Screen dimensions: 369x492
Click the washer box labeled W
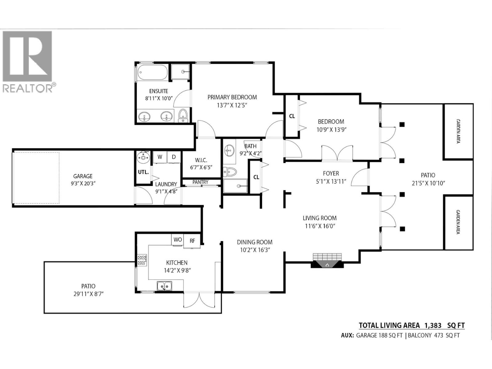(x=160, y=157)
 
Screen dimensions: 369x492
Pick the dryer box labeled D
(x=174, y=157)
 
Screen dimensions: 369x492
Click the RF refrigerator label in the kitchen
(x=192, y=241)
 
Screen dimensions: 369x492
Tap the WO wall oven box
(x=178, y=240)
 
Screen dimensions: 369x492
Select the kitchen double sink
(x=165, y=286)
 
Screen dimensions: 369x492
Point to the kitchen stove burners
(x=142, y=260)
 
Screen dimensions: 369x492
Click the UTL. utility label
(x=143, y=172)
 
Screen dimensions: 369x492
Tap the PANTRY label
(x=200, y=182)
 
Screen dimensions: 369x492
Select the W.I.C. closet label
(x=201, y=160)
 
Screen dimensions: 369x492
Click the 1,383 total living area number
(x=433, y=325)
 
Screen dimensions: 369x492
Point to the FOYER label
(x=331, y=173)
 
